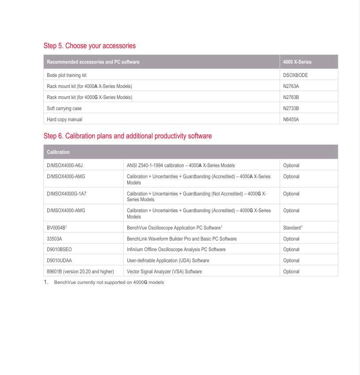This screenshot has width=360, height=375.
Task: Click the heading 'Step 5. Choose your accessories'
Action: (89, 46)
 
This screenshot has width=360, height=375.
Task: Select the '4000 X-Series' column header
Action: (297, 62)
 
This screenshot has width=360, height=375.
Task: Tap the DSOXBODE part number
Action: (295, 75)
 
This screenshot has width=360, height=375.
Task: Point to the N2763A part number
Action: (291, 86)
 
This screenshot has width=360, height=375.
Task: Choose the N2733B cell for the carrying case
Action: (291, 108)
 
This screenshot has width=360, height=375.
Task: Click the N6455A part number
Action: (291, 119)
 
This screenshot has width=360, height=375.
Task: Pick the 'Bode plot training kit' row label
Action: (67, 75)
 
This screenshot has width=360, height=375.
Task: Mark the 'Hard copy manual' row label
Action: (64, 119)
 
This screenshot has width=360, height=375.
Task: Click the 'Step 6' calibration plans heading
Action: (127, 136)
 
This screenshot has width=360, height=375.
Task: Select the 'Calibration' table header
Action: (58, 152)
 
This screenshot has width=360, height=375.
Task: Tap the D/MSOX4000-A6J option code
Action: (65, 165)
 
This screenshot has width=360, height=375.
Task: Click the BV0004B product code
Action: (56, 228)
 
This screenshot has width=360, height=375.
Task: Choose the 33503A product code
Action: (54, 239)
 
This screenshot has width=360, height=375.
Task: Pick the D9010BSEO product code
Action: (59, 249)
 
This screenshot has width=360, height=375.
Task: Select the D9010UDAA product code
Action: (59, 260)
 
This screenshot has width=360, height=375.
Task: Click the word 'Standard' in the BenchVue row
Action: (292, 228)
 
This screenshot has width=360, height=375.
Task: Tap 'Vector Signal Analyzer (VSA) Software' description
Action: (164, 272)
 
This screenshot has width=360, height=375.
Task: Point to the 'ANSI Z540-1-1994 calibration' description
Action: (181, 165)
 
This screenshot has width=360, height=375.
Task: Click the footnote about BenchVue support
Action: (108, 282)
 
